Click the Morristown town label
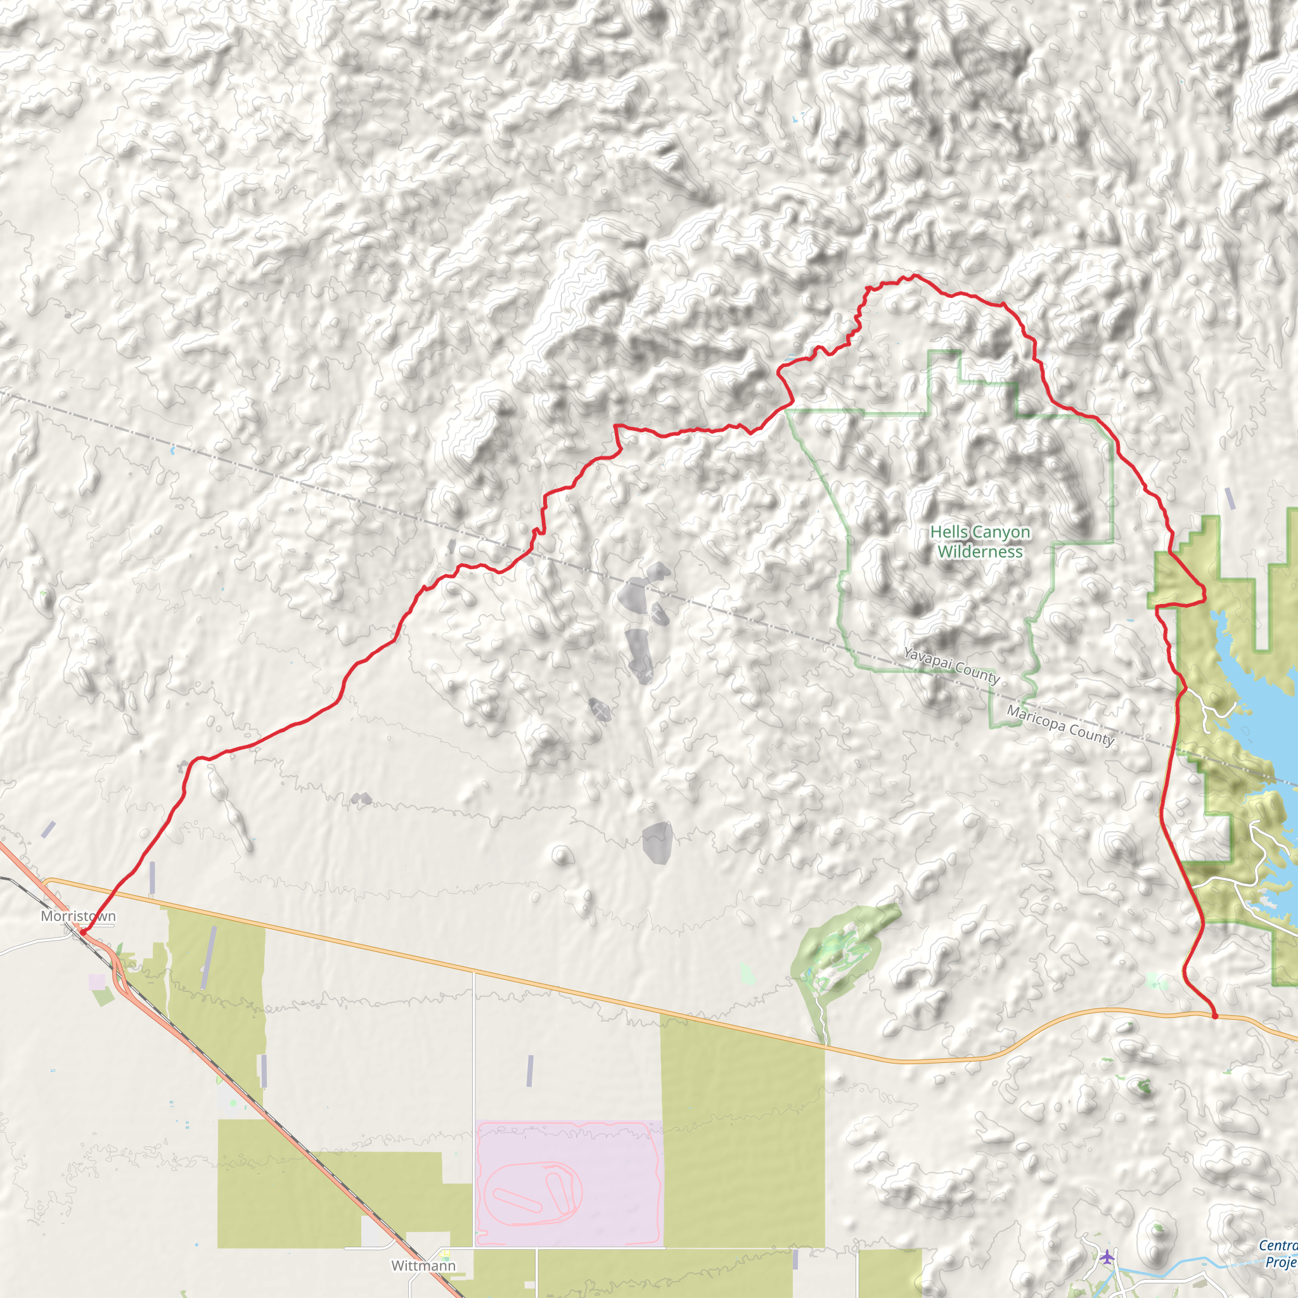point(78,916)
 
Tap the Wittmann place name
point(423,1265)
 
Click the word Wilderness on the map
point(980,551)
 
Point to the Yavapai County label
point(951,664)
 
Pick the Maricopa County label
point(1060,726)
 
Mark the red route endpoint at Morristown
point(82,932)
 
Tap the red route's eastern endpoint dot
point(1215,1017)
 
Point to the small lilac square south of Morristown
point(97,982)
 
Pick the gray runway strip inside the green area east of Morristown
point(209,958)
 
